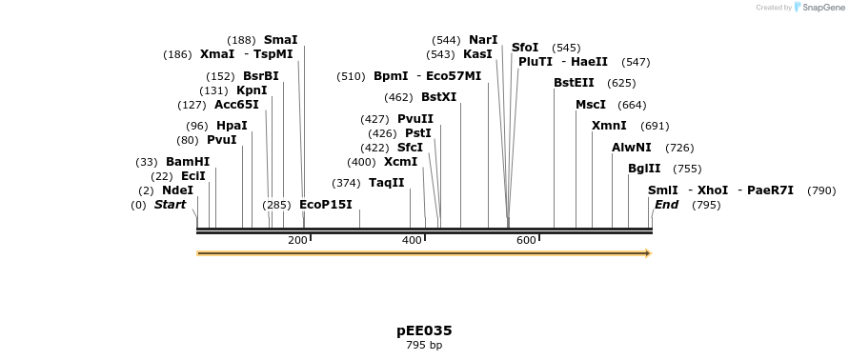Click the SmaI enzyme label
click(280, 40)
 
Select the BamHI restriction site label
click(188, 162)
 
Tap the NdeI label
click(177, 190)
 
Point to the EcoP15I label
click(326, 205)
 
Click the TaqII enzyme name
click(387, 183)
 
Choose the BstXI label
click(438, 97)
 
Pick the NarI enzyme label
click(483, 40)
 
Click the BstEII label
click(574, 83)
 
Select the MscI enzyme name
click(591, 105)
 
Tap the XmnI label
click(609, 126)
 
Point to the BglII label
click(644, 169)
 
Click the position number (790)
click(820, 190)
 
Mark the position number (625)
click(621, 83)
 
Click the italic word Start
click(170, 205)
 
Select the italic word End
click(666, 205)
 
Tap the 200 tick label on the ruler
click(297, 240)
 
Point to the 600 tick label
click(526, 240)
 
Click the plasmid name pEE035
click(424, 331)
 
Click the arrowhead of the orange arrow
click(648, 253)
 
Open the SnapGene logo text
click(824, 8)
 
